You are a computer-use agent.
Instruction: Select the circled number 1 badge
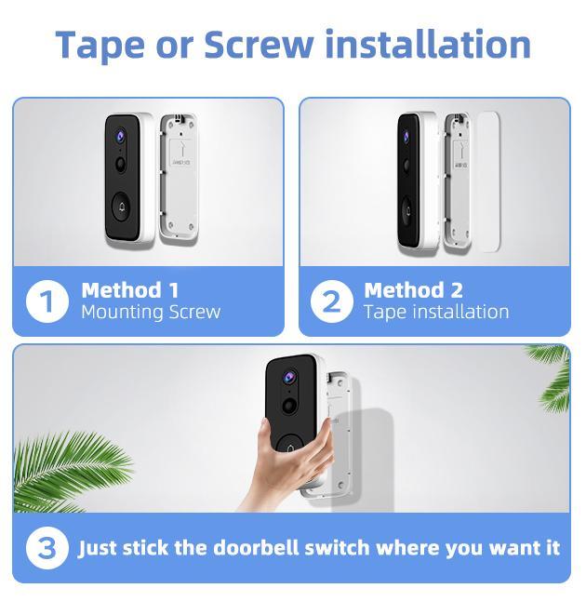click(x=47, y=301)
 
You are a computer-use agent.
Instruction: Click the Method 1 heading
click(x=129, y=289)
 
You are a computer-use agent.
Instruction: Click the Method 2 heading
click(x=413, y=289)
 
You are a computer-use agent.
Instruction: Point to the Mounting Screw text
click(x=151, y=312)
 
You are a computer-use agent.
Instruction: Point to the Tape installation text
click(x=436, y=312)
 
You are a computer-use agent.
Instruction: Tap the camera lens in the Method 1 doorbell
click(x=121, y=136)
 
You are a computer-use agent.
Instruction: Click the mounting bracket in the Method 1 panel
click(x=178, y=177)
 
